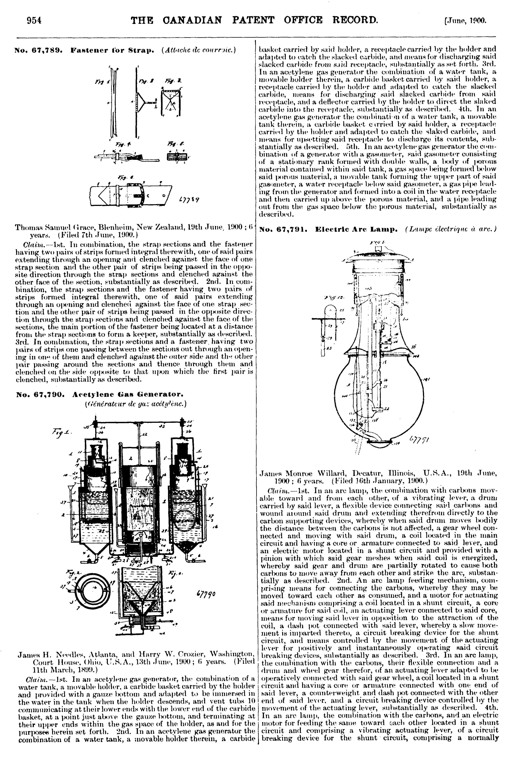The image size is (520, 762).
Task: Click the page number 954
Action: point(34,20)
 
